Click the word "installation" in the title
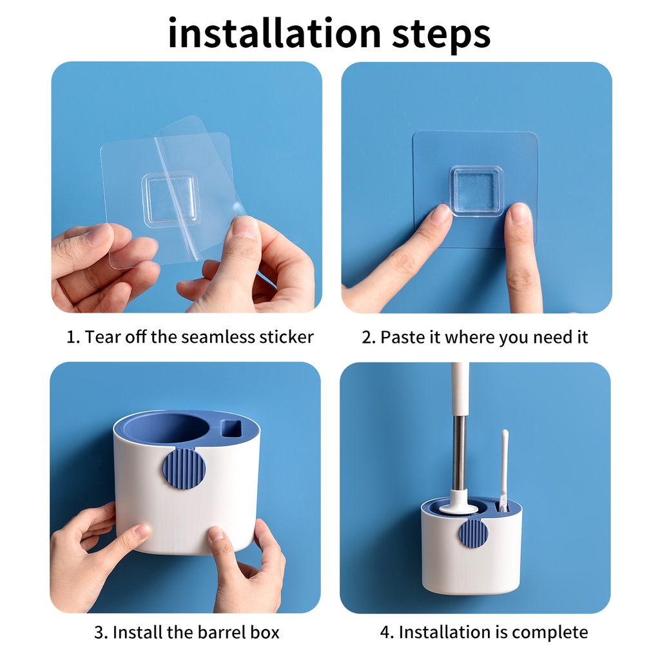tap(275, 33)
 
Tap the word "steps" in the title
tap(442, 36)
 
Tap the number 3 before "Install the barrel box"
tap(99, 633)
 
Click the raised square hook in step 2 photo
tap(476, 191)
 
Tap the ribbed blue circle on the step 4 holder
tap(474, 534)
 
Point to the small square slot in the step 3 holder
tap(231, 429)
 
